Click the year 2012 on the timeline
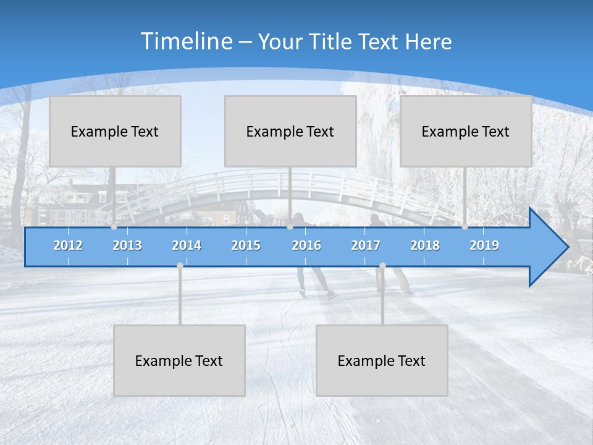click(68, 245)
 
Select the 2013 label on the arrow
click(127, 245)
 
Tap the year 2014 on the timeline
click(187, 245)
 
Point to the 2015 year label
click(246, 245)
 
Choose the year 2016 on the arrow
click(306, 245)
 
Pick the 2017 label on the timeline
click(366, 245)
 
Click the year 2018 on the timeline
click(425, 245)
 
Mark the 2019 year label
click(484, 245)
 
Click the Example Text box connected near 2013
click(115, 131)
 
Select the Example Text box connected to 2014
click(179, 360)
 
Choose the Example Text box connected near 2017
click(382, 360)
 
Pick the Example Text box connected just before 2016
click(290, 131)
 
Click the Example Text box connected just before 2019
click(466, 131)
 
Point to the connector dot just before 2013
click(114, 227)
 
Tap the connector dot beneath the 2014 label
click(180, 266)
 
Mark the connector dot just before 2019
click(465, 227)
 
